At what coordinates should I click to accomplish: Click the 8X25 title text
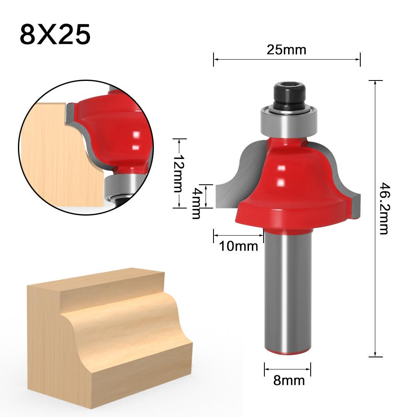[55, 35]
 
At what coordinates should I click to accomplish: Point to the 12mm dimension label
[178, 173]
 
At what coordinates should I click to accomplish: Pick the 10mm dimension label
[239, 246]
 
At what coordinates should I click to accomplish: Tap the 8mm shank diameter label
[289, 380]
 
